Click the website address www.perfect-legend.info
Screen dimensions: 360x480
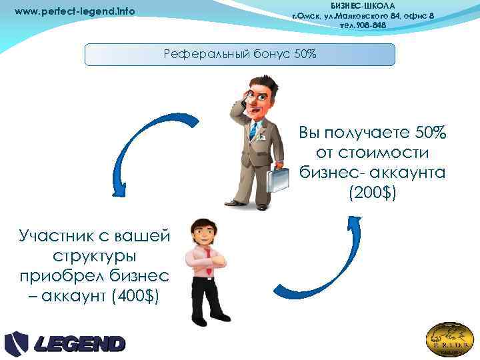75,11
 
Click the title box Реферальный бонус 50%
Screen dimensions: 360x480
240,54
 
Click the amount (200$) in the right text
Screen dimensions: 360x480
372,193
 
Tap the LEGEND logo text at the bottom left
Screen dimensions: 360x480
80,344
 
